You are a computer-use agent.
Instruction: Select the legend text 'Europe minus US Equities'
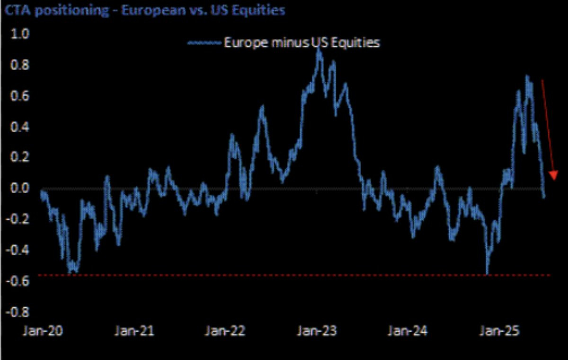pos(302,43)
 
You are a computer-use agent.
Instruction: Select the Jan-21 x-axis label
pos(134,331)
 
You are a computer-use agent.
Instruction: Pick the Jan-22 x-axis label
pos(225,331)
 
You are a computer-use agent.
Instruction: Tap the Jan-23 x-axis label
pos(317,331)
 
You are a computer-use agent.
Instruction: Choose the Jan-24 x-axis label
pos(408,331)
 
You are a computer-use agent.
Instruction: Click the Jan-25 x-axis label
pos(498,331)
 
